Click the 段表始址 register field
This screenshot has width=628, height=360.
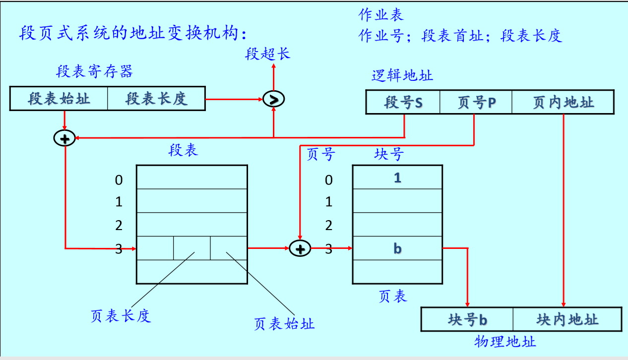pos(59,99)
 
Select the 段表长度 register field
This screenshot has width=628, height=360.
pos(156,99)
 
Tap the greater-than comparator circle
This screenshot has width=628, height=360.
pos(274,99)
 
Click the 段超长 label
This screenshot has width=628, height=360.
pos(267,54)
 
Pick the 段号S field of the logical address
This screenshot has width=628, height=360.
pos(403,103)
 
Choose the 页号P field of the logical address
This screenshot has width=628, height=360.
pos(476,103)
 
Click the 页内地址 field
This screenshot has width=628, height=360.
pos(563,103)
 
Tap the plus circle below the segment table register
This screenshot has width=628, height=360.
pos(64,138)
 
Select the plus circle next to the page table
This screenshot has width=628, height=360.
pos(300,248)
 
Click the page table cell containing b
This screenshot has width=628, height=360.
pos(397,248)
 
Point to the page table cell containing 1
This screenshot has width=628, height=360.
pos(397,178)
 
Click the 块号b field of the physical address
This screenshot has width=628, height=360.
pos(467,319)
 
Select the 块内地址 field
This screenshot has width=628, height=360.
pos(567,319)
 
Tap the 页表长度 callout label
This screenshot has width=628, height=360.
pos(121,316)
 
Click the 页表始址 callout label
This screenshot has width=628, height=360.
pos(284,324)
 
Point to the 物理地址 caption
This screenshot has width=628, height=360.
pos(505,341)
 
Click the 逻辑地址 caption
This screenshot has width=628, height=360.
pos(402,76)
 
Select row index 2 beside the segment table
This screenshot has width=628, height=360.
pos(119,226)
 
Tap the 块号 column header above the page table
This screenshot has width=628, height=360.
pos(389,154)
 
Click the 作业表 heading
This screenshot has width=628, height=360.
pos(381,14)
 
